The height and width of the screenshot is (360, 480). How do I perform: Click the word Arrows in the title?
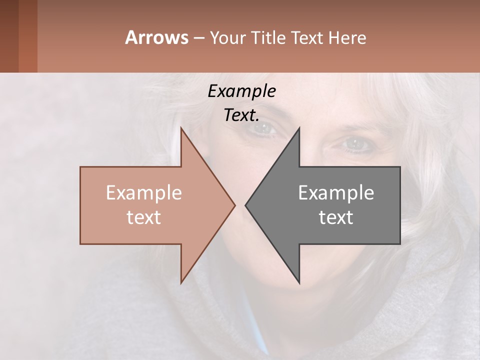156,37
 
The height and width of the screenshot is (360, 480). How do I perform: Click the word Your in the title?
227,38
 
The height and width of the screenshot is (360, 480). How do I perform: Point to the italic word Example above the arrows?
241,91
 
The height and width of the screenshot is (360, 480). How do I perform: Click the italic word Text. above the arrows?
241,115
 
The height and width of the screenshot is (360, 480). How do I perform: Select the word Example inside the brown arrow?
144,192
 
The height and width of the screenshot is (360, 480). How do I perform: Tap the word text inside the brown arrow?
144,217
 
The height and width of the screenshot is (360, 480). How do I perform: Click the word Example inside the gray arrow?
336,192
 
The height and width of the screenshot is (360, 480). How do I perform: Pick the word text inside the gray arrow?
336,217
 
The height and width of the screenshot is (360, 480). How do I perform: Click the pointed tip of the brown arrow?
234,205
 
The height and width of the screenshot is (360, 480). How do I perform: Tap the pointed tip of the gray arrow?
246,205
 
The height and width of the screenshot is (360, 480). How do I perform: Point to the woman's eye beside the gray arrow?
355,144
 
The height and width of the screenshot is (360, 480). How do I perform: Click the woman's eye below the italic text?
263,129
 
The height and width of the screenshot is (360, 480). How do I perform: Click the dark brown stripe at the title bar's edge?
9,36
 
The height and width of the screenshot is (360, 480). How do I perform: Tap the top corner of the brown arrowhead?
181,129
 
